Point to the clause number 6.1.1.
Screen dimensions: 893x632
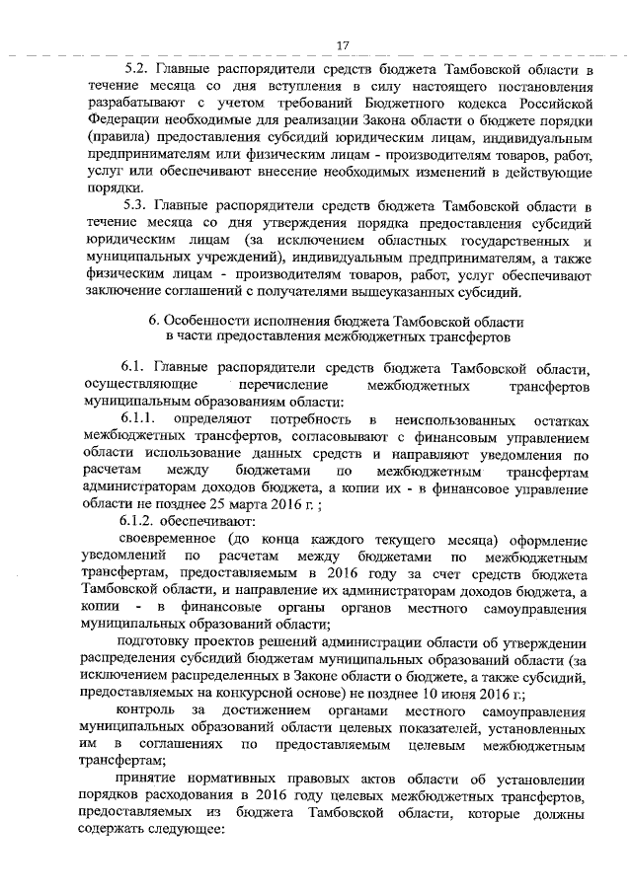(143, 419)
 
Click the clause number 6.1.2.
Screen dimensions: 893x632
(143, 519)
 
